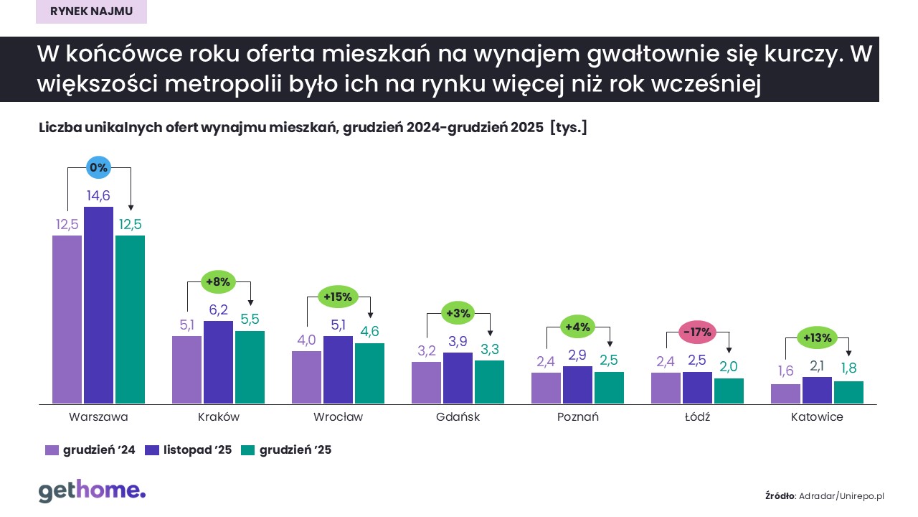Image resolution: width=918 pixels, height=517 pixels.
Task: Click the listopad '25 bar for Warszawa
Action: pos(98,305)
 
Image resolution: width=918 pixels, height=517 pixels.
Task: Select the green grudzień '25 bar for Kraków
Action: pos(250,367)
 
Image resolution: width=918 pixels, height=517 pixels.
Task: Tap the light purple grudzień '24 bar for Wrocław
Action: pos(306,377)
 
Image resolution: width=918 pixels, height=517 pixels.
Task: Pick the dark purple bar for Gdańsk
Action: pos(458,378)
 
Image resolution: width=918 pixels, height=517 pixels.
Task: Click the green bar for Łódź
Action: pos(729,391)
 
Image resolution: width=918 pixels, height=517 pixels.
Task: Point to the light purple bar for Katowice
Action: pos(785,393)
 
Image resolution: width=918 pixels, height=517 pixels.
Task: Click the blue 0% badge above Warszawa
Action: pos(98,167)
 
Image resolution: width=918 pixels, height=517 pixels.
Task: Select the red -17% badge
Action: pos(696,332)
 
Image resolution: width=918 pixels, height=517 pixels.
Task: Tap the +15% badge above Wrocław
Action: pos(338,297)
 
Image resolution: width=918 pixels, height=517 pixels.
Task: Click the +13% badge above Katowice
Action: pos(817,337)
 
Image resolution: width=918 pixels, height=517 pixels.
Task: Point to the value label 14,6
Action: pos(98,196)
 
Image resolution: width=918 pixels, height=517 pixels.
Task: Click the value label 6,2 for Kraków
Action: pos(218,310)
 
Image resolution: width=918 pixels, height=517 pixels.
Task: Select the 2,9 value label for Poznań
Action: pos(577,355)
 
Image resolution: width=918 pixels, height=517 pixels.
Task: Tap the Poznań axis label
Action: pos(577,417)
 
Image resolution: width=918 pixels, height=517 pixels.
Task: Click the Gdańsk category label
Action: pos(458,417)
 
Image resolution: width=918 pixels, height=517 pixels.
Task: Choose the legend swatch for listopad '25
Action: pos(152,450)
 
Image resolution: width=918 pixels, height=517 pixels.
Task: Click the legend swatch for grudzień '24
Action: pos(52,450)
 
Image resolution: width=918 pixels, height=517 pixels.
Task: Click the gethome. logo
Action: pos(92,491)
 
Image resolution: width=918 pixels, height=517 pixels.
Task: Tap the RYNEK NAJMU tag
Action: pos(91,11)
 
